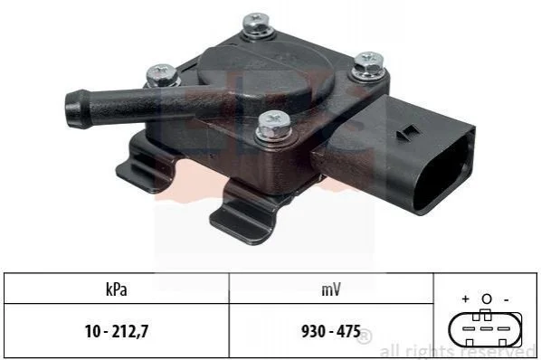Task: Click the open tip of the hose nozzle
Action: (x=72, y=109)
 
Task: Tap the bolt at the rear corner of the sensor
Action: (x=257, y=24)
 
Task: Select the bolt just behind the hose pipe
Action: (x=162, y=75)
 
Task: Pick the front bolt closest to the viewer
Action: (x=273, y=126)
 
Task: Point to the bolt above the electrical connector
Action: (x=368, y=65)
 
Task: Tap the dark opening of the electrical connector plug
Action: (x=444, y=173)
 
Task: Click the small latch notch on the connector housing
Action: (x=407, y=132)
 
